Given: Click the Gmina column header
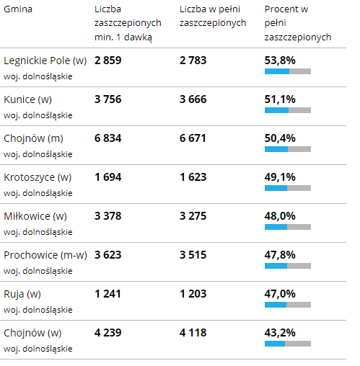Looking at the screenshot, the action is click(x=18, y=9).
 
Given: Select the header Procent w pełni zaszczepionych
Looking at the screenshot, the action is click(x=298, y=23).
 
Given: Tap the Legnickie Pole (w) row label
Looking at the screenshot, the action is click(x=45, y=61).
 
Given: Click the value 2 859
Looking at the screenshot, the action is click(x=107, y=61).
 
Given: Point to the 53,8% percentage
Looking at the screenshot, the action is click(x=280, y=61).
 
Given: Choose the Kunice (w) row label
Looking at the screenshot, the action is click(x=27, y=99).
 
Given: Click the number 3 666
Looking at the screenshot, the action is click(x=193, y=99).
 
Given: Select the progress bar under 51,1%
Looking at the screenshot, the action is click(x=288, y=110).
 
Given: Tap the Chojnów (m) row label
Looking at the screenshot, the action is click(x=33, y=138).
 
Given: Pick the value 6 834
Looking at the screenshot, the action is click(x=107, y=138).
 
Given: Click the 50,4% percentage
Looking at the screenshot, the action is click(x=280, y=138).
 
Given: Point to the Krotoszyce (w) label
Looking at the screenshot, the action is click(x=38, y=177).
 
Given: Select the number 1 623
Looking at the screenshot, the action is click(x=193, y=177).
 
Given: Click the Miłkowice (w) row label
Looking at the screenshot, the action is click(x=35, y=216).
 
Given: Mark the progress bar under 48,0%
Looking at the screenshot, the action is click(x=288, y=227).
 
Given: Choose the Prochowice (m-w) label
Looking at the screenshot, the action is click(x=45, y=255).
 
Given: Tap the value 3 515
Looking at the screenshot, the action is click(x=193, y=255).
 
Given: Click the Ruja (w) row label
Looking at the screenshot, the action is click(x=22, y=294).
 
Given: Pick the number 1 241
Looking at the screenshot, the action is click(x=107, y=294).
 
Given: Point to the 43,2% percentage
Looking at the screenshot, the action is click(x=280, y=333).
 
